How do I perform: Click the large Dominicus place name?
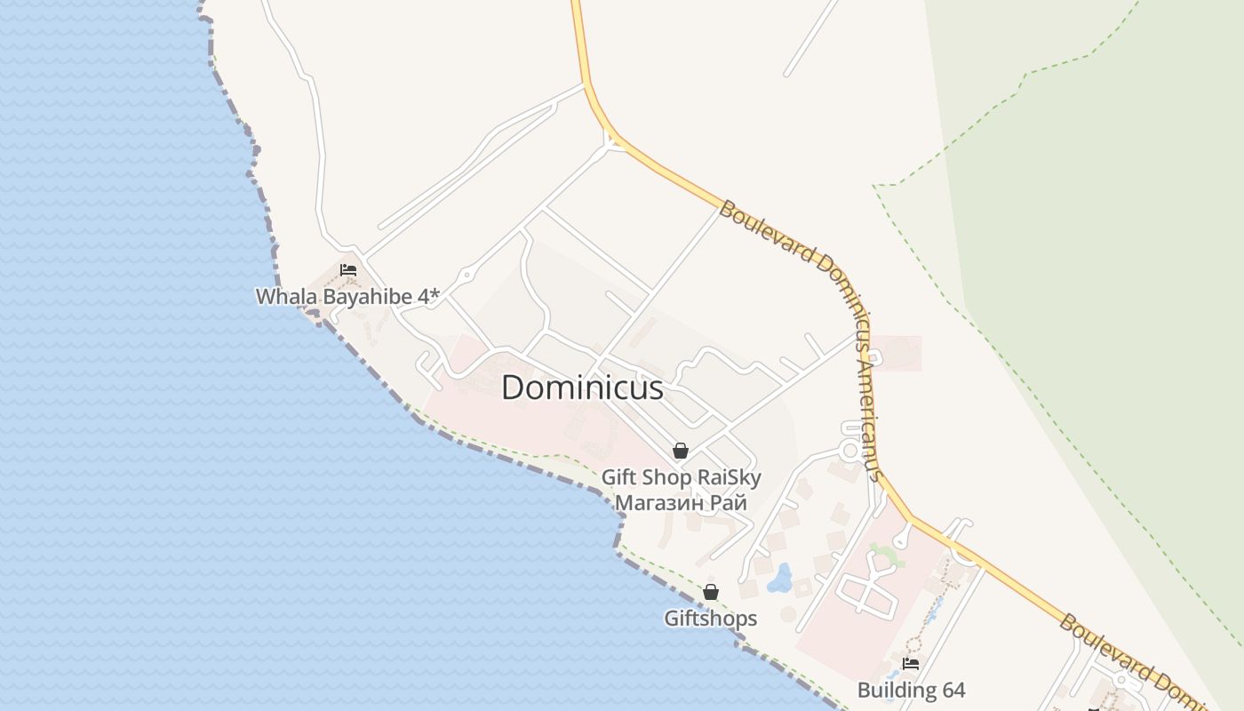click(582, 388)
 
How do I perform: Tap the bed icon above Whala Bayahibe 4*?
click(347, 270)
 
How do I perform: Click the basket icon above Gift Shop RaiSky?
click(681, 451)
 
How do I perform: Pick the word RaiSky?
click(729, 477)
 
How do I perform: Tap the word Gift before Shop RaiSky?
click(619, 477)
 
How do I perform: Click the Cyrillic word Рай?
click(727, 503)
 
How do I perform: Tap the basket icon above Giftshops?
click(711, 592)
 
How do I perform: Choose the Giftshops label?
click(711, 618)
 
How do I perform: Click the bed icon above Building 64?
click(910, 663)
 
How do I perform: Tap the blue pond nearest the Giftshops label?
click(780, 579)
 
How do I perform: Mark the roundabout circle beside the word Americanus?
click(849, 451)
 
